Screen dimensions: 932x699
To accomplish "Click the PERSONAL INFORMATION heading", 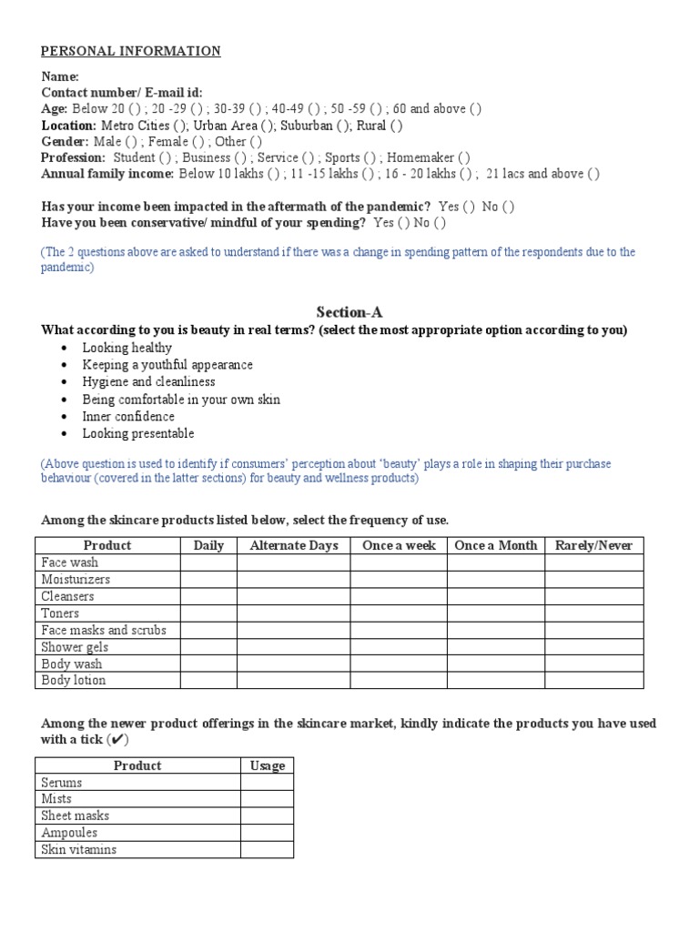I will coord(131,51).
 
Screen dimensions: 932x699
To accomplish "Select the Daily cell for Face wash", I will coord(208,562).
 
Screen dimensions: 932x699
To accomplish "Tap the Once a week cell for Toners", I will coord(399,613).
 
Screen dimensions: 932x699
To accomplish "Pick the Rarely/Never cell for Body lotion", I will coord(593,680).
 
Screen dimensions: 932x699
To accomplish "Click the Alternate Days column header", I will coord(293,545).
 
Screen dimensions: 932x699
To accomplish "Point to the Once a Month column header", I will coord(495,545).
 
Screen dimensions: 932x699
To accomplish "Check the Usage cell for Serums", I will coord(268,782).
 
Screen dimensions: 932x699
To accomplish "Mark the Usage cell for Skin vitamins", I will coord(268,849).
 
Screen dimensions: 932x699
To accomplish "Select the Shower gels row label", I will coord(75,647).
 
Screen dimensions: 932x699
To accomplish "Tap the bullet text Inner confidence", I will coord(128,416).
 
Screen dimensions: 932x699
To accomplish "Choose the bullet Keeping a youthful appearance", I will coord(167,364).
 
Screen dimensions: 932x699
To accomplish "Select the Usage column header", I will coord(268,765).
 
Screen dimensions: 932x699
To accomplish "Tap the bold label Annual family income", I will coord(107,174).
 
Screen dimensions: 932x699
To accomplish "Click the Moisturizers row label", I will coord(76,579).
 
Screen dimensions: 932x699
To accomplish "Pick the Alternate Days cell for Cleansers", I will coord(293,596).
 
